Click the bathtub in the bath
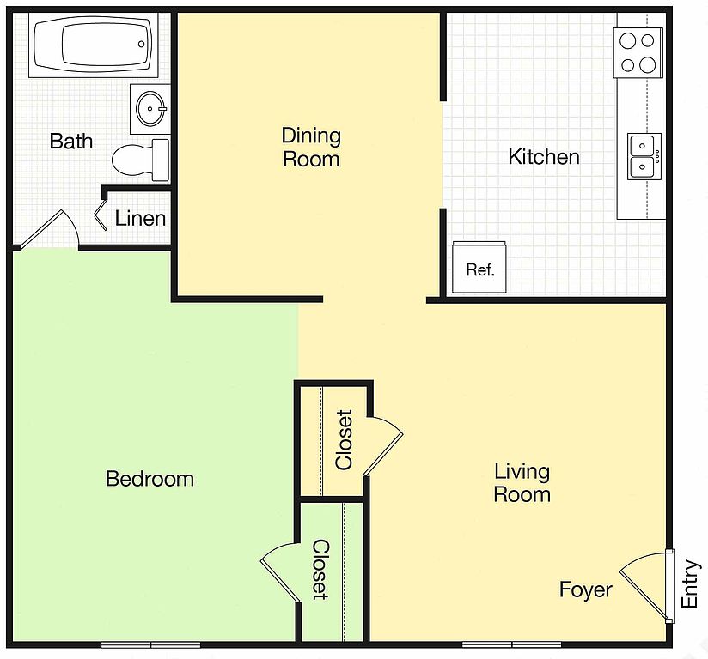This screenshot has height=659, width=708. (93, 45)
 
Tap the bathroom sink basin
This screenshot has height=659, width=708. (151, 109)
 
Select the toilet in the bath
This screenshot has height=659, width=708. (140, 160)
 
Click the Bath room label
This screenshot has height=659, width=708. (71, 142)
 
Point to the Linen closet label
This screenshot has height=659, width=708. (140, 219)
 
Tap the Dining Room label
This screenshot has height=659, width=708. (311, 148)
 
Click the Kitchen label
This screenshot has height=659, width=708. (544, 157)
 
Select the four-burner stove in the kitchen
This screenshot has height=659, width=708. (638, 53)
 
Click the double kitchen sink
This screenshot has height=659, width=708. (644, 156)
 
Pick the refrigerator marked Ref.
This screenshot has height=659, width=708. (479, 267)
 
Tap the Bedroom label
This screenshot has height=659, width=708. (150, 479)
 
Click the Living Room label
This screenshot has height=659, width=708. (522, 483)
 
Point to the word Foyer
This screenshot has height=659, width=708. (586, 589)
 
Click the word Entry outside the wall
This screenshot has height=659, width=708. (689, 583)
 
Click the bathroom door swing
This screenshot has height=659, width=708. (50, 230)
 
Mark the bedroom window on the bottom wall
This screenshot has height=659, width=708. (151, 645)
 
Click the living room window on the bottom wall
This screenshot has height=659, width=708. (511, 644)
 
